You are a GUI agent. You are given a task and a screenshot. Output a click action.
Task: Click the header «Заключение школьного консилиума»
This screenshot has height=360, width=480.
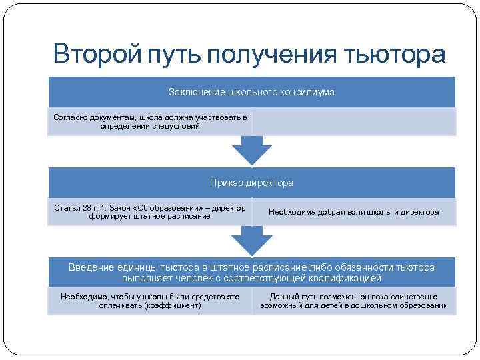251,91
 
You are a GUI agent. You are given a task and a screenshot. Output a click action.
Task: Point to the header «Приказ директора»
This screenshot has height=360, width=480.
251,182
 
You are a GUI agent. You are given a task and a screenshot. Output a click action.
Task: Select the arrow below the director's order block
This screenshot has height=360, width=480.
251,241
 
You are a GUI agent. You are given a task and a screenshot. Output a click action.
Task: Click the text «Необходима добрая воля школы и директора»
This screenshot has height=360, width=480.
353,212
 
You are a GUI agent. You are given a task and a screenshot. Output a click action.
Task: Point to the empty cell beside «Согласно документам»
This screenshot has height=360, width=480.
353,121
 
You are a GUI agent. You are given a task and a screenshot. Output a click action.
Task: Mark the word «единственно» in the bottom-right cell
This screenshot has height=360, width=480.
413,297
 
